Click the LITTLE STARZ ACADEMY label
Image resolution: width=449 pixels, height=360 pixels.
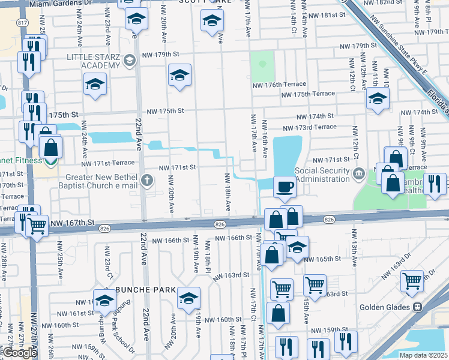pyautogui.click(x=93, y=61)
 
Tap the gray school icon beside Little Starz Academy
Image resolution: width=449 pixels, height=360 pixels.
pyautogui.click(x=129, y=60)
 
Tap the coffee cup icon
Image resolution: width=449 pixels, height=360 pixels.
pyautogui.click(x=285, y=186)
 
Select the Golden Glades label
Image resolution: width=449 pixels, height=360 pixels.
pyautogui.click(x=384, y=307)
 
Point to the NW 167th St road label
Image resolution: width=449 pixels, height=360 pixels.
pyautogui.click(x=74, y=223)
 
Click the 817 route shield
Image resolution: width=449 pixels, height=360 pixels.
pyautogui.click(x=23, y=22)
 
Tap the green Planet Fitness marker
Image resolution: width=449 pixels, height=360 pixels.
pyautogui.click(x=52, y=160)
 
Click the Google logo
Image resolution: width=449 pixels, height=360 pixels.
pyautogui.click(x=20, y=353)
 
